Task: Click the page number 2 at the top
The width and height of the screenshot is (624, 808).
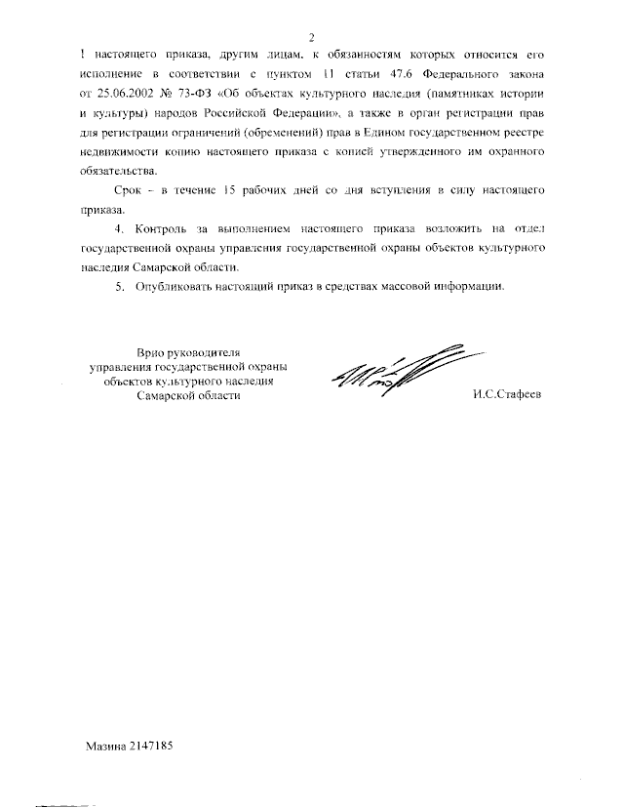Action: tap(313, 37)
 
